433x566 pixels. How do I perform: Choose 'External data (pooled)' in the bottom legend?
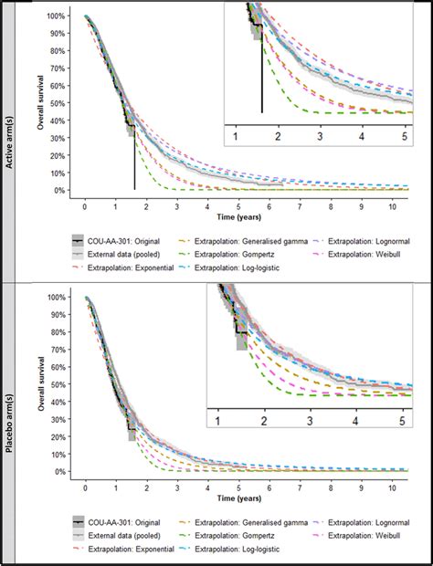[131, 535]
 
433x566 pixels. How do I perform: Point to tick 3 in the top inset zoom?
[320, 135]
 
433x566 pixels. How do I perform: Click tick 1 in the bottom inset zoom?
[218, 420]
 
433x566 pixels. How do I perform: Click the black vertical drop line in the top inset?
[262, 82]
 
